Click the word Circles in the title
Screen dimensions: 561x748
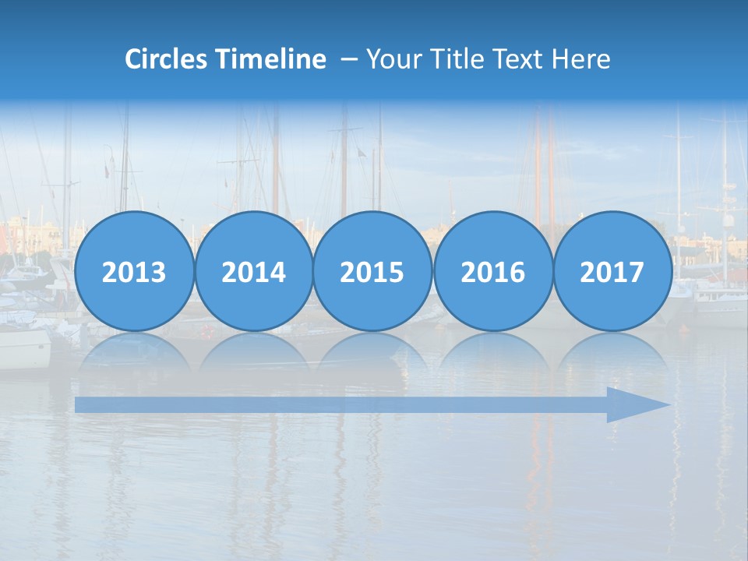click(166, 59)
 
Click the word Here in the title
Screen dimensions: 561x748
click(580, 59)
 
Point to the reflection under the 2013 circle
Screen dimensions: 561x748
click(134, 351)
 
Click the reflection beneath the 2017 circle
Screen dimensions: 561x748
click(612, 351)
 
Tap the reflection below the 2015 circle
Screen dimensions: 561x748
click(372, 351)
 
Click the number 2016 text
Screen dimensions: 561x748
click(492, 273)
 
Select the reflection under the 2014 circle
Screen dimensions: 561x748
click(253, 351)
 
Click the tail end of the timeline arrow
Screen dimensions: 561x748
click(79, 404)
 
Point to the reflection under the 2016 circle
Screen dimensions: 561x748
click(492, 351)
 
